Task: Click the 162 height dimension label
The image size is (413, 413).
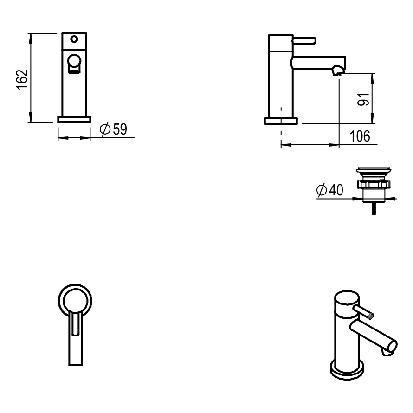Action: [x=22, y=80]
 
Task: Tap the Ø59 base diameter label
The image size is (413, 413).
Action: [x=114, y=129]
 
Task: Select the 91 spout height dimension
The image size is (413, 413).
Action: [x=363, y=99]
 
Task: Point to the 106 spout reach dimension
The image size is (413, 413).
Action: [x=360, y=136]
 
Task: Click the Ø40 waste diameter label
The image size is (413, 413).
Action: [x=330, y=190]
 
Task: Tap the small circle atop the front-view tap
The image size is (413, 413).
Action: [x=74, y=39]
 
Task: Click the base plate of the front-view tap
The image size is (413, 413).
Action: [x=74, y=119]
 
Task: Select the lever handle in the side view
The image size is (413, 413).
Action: [x=304, y=41]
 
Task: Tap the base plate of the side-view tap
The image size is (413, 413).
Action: [x=281, y=121]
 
